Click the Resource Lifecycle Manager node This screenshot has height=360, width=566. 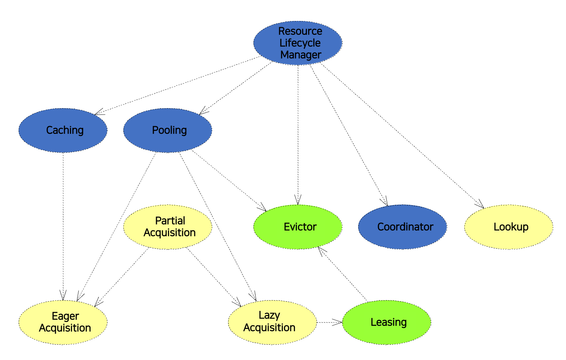(x=298, y=43)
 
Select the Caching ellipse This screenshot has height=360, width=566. (x=63, y=130)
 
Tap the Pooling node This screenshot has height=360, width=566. (x=168, y=130)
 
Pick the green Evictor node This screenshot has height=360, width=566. (x=298, y=227)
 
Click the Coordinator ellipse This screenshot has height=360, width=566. (x=402, y=227)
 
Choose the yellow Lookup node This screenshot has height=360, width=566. (x=509, y=227)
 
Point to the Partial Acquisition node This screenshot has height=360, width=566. (x=168, y=227)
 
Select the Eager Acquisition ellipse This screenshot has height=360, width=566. (x=63, y=322)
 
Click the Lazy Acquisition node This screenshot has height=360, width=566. (x=272, y=322)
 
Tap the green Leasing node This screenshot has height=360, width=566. (x=387, y=322)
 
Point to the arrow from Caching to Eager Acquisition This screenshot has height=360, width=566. (x=63, y=226)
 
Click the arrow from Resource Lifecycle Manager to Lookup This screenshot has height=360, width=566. (x=402, y=136)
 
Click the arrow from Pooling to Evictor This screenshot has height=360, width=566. (x=229, y=181)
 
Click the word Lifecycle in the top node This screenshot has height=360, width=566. (x=300, y=43)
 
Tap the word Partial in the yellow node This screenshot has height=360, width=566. (x=170, y=221)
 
